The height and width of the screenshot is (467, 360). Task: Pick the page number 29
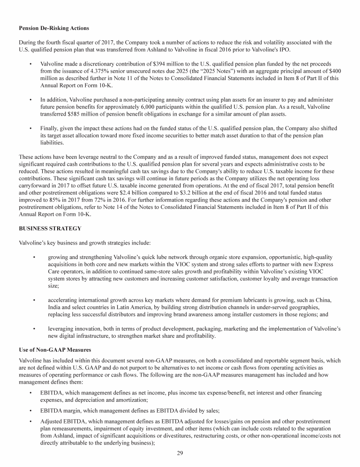180,452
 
